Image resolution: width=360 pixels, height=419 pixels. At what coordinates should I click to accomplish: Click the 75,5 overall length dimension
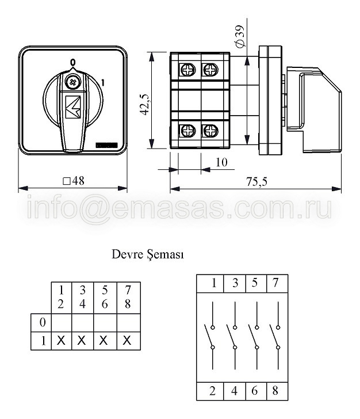tap(256, 182)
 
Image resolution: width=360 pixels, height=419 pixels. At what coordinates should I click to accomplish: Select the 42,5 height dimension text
tap(146, 105)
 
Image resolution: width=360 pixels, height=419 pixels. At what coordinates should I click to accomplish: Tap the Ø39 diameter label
tap(240, 37)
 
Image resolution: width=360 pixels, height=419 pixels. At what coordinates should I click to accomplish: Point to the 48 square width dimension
tap(74, 181)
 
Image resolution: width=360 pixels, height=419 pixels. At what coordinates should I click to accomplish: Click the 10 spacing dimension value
tap(221, 162)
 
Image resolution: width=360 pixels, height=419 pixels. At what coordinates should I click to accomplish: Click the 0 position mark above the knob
tap(72, 63)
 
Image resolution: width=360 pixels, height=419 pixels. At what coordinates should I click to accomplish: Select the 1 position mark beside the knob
tap(102, 83)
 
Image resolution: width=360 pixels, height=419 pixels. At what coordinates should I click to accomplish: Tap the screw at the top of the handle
tap(73, 82)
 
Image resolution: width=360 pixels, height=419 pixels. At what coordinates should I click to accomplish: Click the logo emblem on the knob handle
tap(73, 107)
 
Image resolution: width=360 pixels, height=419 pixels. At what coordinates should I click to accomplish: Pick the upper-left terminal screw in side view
tap(188, 70)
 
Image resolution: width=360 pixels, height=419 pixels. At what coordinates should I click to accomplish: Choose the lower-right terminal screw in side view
tap(210, 131)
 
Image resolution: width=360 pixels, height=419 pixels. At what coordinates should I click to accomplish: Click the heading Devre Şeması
tap(148, 254)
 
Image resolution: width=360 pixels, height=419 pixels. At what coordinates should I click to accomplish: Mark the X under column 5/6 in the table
tap(104, 341)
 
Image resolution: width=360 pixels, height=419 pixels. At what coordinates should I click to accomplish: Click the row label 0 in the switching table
tap(43, 322)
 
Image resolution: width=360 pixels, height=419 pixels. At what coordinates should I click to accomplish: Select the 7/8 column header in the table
tap(128, 297)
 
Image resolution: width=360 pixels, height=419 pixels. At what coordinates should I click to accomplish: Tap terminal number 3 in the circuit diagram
tap(235, 283)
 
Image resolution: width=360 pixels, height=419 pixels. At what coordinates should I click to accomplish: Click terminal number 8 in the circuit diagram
tap(275, 391)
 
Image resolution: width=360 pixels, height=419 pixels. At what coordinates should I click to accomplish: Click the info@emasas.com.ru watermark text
tap(179, 208)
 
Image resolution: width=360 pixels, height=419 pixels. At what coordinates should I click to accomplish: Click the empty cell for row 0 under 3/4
tap(82, 323)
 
